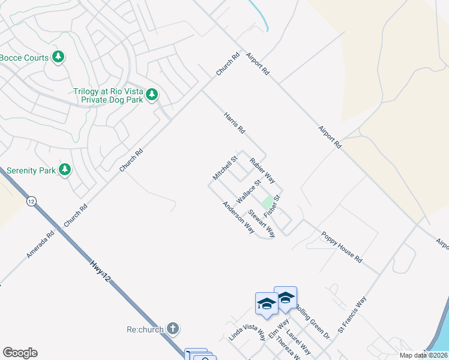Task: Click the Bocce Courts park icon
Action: coord(58,58)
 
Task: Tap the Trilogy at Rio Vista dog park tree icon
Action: coord(152,94)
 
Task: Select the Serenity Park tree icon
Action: coord(65,170)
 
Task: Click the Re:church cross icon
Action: coord(173,328)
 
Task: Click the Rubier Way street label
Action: coord(262,170)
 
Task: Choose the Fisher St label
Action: coord(273,206)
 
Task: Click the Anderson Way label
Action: coord(238,217)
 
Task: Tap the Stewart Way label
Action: coord(262,223)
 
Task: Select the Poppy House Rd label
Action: coord(342,247)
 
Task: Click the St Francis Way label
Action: coord(352,314)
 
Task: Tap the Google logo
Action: coord(20,353)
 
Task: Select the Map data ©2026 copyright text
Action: coord(423,355)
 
